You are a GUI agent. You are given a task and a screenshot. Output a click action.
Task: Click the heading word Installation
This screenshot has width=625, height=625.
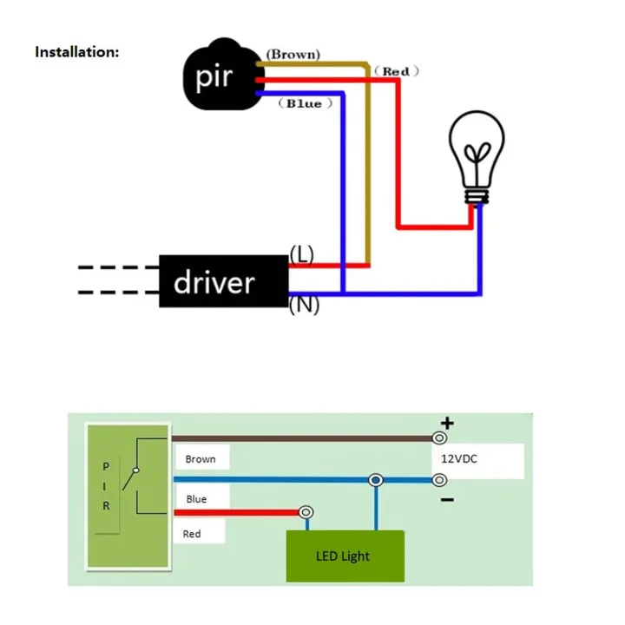click(76, 52)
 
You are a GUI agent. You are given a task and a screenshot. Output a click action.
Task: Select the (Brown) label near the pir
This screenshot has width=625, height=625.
click(293, 54)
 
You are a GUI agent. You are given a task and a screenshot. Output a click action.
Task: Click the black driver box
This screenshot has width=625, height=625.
click(222, 281)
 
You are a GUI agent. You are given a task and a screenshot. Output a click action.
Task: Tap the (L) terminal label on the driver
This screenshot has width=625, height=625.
click(301, 254)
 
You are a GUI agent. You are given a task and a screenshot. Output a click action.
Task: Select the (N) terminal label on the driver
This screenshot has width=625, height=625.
click(303, 306)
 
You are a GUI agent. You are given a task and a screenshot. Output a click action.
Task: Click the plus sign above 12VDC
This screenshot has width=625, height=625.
click(447, 424)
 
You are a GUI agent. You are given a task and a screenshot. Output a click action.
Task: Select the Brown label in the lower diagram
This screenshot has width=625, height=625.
click(201, 458)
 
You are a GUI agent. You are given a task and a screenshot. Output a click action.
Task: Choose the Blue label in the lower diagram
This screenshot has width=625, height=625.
click(196, 499)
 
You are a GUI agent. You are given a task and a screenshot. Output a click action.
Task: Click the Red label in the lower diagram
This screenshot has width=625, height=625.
click(192, 534)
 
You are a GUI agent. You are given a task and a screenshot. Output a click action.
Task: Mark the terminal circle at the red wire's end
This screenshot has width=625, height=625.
click(306, 513)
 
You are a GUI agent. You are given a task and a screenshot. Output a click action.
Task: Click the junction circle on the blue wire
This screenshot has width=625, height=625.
click(375, 480)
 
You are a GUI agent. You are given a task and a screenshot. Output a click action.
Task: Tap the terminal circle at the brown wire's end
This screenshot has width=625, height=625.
click(440, 439)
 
